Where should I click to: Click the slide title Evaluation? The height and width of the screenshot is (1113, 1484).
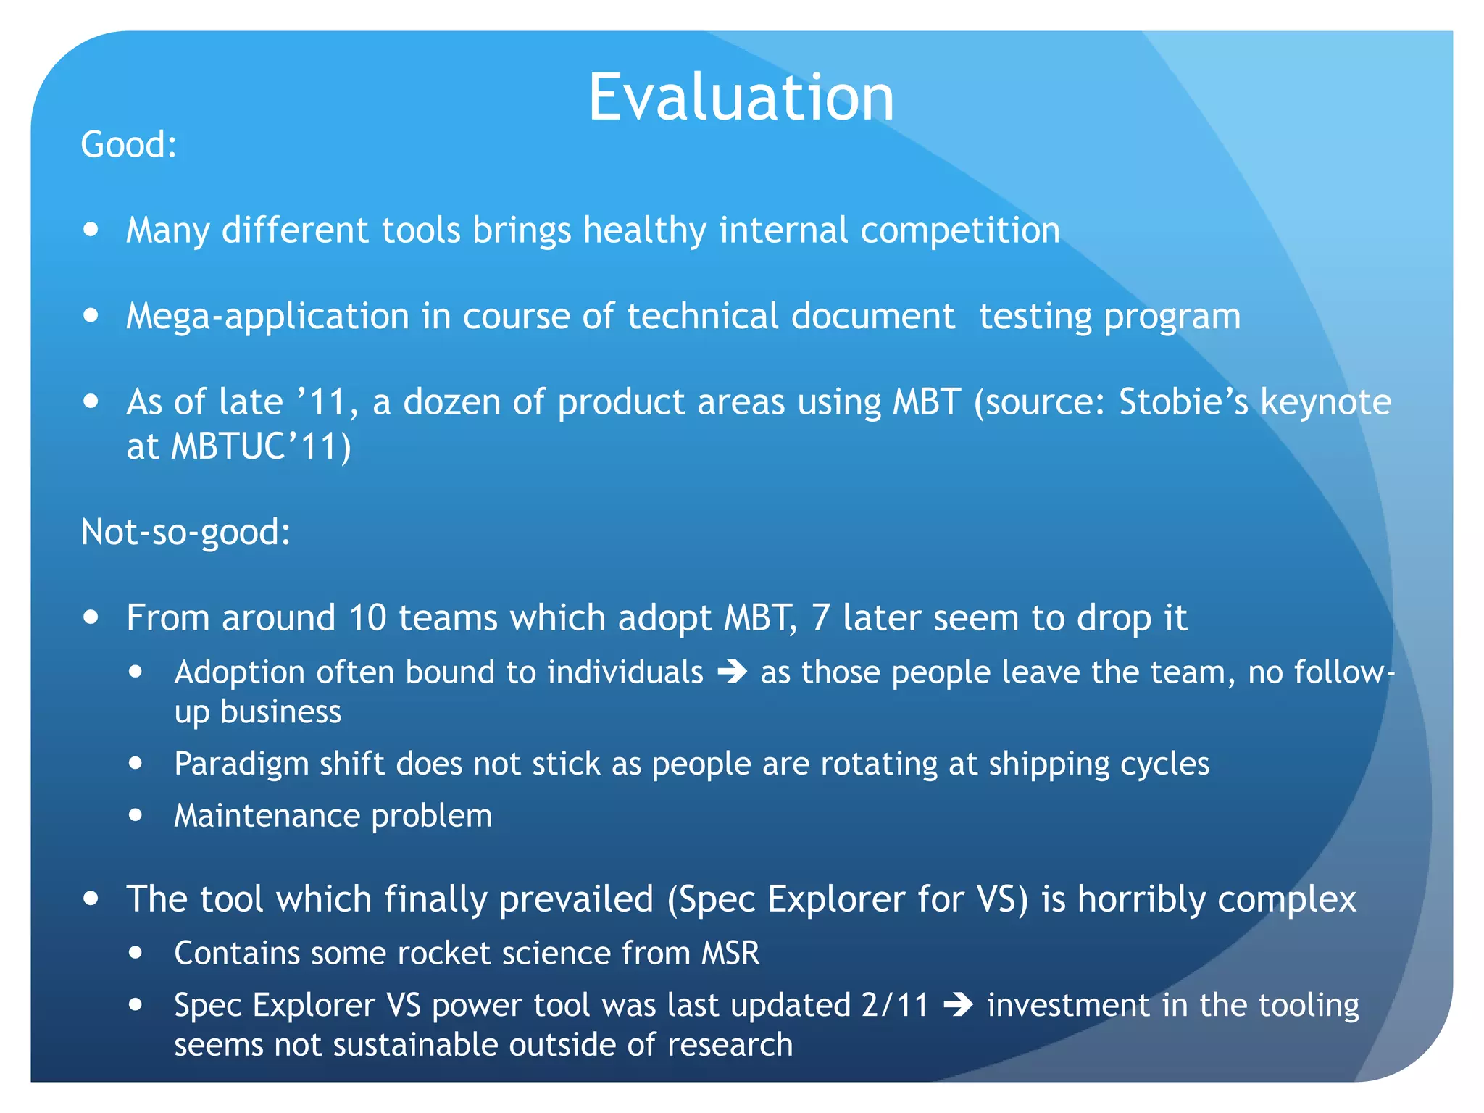[741, 98]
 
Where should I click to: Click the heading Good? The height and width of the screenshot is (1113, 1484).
[129, 144]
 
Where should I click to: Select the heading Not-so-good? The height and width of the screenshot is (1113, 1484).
[185, 532]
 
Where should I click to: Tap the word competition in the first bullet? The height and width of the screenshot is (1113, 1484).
[959, 230]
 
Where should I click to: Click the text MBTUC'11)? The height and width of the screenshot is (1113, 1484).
[261, 446]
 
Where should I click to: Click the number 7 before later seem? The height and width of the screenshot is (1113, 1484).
[820, 618]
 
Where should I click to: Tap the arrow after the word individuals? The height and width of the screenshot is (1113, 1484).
[732, 672]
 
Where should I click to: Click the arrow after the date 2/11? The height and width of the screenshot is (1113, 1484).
[958, 1005]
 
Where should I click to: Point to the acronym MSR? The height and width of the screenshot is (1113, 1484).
[730, 953]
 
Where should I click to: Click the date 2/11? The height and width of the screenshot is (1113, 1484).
[894, 1005]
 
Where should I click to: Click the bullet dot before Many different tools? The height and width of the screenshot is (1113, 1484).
[91, 230]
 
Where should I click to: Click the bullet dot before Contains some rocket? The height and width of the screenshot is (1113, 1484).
[136, 953]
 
